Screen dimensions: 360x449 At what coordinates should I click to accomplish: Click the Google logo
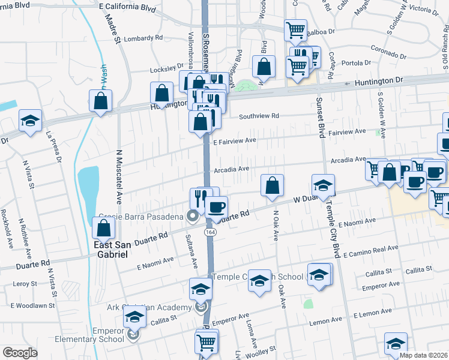[x=20, y=353]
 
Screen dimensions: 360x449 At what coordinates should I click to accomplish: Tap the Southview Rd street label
[x=259, y=116]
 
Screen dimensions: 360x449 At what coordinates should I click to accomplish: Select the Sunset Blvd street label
[x=320, y=117]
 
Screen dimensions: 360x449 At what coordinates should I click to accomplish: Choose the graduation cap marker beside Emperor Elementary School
[x=135, y=318]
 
